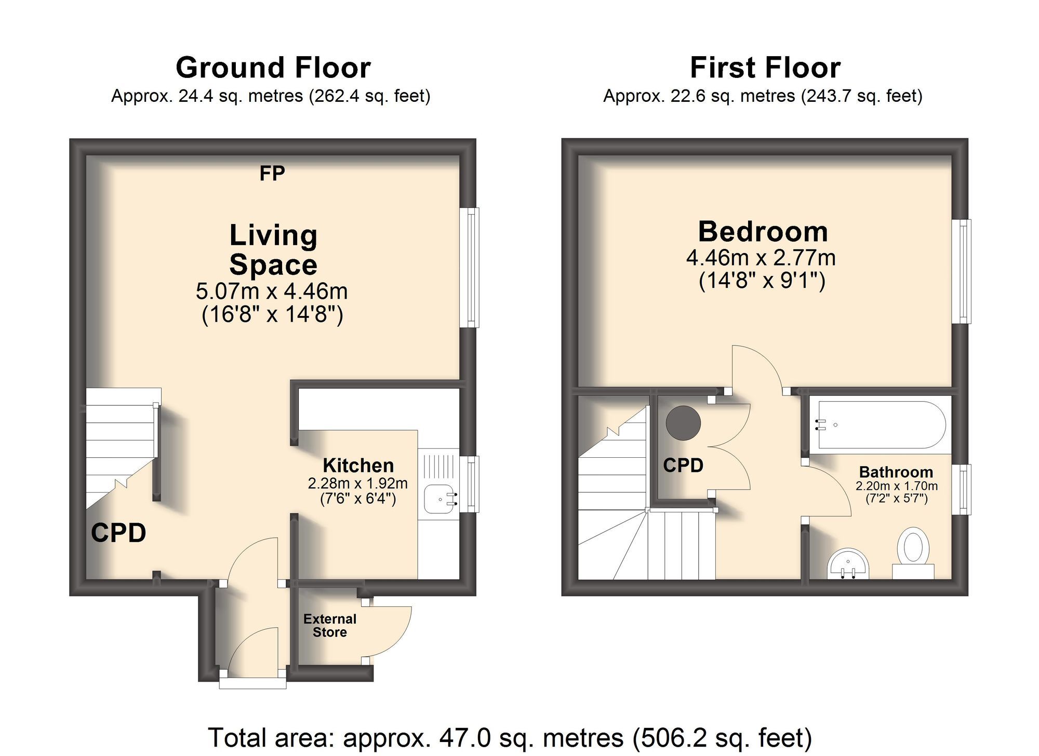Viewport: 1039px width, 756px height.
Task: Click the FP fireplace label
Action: pos(272,173)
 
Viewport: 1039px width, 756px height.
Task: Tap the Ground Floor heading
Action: pos(273,68)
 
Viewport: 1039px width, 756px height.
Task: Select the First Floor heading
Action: pos(765,68)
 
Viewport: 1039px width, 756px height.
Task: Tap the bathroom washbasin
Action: pos(848,564)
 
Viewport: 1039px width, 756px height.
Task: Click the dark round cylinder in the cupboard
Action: pos(683,423)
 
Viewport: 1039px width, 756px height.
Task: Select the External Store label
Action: pos(330,626)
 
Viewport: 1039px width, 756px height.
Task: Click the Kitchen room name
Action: pos(358,465)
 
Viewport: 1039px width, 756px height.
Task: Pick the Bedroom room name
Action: pos(763,232)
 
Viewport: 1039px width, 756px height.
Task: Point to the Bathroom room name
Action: pos(896,472)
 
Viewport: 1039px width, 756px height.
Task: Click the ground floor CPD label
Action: pos(118,533)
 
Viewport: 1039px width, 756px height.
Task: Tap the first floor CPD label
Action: pos(683,465)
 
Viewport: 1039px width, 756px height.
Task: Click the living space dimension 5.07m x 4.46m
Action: pos(272,291)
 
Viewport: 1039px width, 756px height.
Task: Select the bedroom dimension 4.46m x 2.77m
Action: pos(761,258)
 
